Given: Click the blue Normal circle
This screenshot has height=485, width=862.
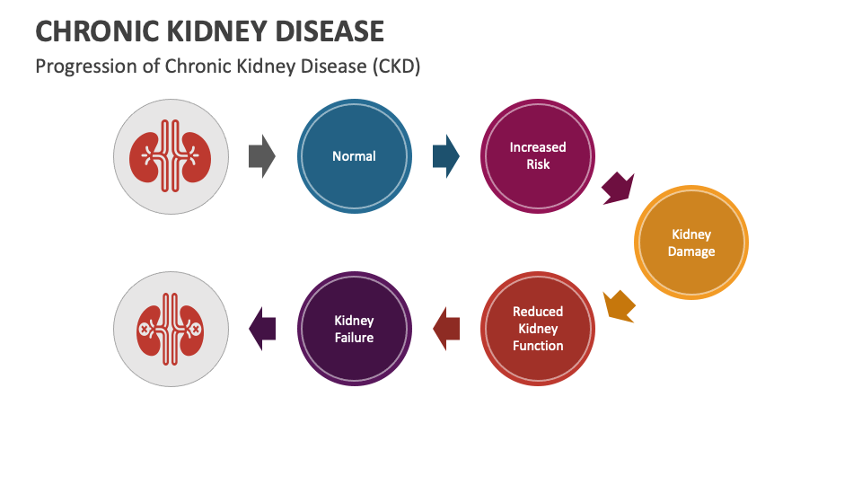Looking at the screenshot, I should coord(354,156).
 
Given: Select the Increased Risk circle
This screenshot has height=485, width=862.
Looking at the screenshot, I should coord(538,156).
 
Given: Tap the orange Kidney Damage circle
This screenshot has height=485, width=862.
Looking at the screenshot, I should coord(690,242).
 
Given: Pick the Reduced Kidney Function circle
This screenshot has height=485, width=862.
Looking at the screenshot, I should coord(538,328).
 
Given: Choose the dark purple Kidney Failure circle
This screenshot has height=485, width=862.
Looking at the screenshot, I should coord(354,329).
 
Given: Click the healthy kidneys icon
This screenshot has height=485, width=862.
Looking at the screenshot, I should coord(171,156).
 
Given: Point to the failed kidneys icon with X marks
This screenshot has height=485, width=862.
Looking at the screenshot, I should coord(171,329).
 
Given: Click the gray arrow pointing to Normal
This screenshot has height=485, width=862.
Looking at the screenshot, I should coord(261,156).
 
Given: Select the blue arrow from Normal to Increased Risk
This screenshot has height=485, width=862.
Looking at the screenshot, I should coord(445,156).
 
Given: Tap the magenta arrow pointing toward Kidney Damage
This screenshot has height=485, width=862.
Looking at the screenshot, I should coord(618,188).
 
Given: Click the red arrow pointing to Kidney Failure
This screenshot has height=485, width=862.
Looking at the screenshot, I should coord(446,329).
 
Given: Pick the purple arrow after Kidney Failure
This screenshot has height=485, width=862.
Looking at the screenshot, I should coord(262,329).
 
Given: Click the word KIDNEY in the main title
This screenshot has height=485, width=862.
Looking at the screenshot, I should coord(224,31).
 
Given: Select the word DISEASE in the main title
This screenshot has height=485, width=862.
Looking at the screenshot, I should coord(337,31).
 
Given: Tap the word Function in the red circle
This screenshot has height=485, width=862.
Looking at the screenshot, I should coord(538,346).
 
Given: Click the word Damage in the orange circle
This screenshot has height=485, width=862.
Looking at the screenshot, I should coord(690,251).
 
